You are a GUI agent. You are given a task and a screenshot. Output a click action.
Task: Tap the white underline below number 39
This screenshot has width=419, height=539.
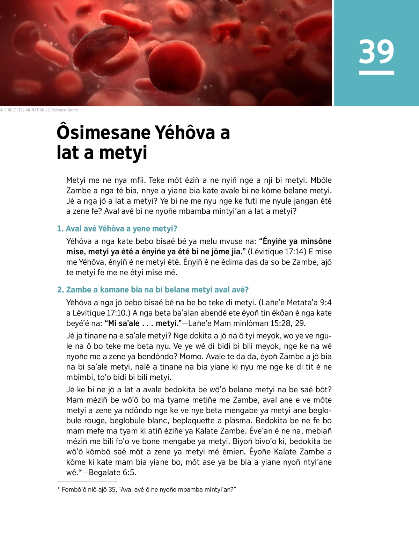[376, 73]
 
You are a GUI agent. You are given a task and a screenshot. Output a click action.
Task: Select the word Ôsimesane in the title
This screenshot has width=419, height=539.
[103, 133]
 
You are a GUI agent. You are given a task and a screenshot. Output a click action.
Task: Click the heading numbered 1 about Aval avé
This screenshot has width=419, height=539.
[117, 229]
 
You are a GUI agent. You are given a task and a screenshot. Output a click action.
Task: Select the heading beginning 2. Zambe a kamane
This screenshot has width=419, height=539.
[153, 290]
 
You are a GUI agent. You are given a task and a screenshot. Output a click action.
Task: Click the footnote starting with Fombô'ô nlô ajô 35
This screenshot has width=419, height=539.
[147, 490]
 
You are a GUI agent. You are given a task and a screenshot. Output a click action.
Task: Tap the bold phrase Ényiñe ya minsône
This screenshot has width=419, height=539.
[297, 241]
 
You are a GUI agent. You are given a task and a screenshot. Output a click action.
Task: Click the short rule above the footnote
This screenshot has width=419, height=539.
[87, 482]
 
